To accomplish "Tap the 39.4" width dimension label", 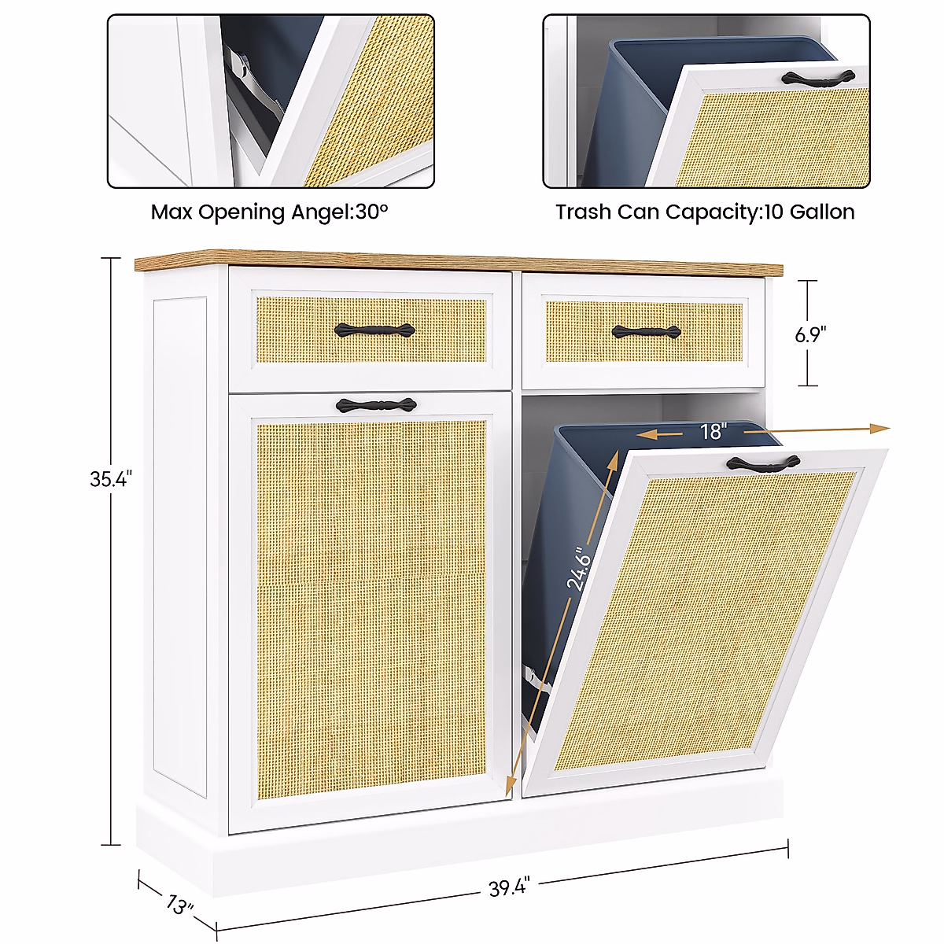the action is click(x=509, y=888).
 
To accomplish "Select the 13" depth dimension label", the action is click(x=179, y=905).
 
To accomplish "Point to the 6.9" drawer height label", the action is click(x=810, y=334).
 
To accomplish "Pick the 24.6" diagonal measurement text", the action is click(x=579, y=569).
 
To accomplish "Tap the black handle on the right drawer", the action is click(x=646, y=333).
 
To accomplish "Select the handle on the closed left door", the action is click(x=375, y=405).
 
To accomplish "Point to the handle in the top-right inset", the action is click(x=819, y=77).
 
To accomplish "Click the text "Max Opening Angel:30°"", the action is click(x=270, y=212).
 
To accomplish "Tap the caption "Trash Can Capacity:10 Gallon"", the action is click(x=705, y=212).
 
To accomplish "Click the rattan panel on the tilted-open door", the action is click(x=708, y=614).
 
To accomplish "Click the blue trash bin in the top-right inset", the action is click(x=629, y=118).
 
